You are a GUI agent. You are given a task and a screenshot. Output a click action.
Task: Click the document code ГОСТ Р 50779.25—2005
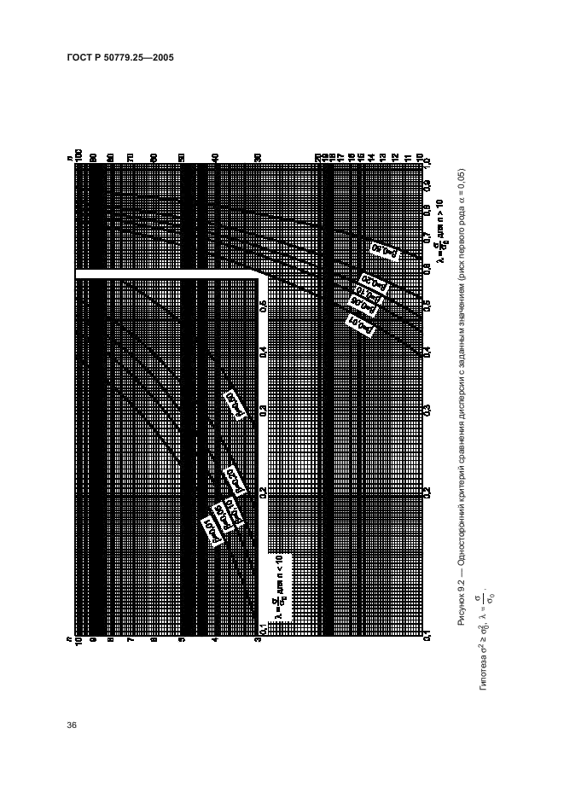click(120, 58)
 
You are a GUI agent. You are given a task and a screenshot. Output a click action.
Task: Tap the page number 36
click(72, 725)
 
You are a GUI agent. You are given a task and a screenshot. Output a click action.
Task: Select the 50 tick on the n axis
click(181, 156)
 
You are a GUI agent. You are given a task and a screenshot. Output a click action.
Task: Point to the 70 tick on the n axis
click(131, 156)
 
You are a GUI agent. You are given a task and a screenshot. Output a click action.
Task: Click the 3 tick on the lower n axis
click(259, 638)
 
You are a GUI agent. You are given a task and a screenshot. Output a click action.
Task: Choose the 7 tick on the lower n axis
click(131, 638)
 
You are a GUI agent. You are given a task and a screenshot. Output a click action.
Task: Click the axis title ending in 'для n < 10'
click(280, 589)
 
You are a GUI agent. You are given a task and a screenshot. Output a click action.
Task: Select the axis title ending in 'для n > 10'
click(441, 230)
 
